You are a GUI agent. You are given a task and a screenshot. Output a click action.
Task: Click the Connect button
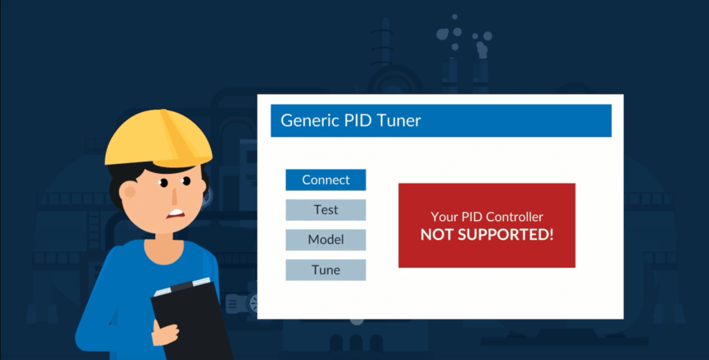pyautogui.click(x=325, y=180)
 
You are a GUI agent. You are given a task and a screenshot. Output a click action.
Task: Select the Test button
pyautogui.click(x=325, y=210)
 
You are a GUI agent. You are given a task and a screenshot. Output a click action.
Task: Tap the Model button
pyautogui.click(x=325, y=240)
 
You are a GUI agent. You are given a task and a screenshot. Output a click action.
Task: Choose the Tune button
pyautogui.click(x=325, y=270)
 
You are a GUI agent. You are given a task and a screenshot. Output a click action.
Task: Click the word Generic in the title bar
pyautogui.click(x=308, y=120)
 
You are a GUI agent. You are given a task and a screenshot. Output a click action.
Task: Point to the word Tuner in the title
pyautogui.click(x=399, y=120)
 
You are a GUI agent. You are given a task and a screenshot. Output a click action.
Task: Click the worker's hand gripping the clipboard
pyautogui.click(x=166, y=332)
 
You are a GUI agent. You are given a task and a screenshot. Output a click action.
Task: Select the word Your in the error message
pyautogui.click(x=444, y=217)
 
